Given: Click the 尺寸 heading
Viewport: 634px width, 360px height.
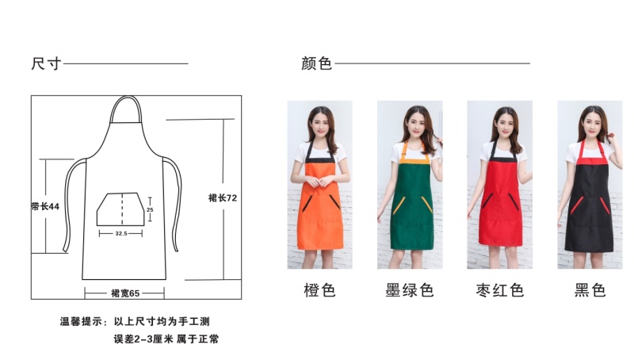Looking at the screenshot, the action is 47,63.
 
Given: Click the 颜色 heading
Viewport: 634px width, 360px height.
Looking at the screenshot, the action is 316,63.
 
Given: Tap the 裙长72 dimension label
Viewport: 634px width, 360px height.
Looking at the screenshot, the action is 223,197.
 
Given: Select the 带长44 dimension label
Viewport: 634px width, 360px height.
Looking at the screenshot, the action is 45,206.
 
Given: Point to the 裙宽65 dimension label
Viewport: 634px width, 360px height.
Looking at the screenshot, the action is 125,293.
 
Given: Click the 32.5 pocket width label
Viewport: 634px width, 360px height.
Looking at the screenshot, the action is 121,233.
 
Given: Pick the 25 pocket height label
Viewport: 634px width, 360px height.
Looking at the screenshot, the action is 150,209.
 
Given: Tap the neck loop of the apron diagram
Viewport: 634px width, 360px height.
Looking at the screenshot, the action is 126,97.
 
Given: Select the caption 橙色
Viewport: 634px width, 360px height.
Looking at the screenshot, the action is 320,290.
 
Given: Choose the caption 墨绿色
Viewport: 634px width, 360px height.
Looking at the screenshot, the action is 410,290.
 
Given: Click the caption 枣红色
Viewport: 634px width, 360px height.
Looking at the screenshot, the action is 500,290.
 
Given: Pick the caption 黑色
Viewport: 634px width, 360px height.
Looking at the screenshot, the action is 590,290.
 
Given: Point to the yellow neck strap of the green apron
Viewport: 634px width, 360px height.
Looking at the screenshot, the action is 405,151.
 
